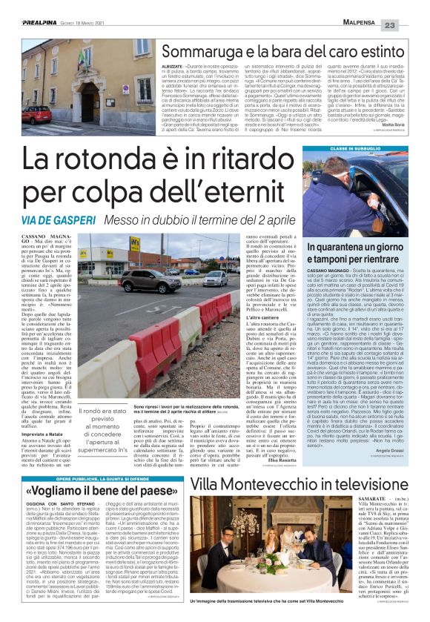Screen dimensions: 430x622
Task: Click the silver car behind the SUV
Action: tap(214, 278)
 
